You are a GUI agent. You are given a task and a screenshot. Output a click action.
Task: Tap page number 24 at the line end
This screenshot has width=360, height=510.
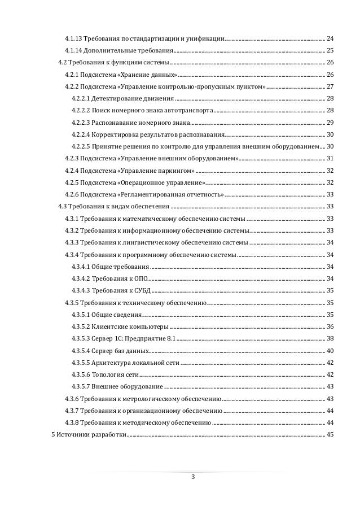pyautogui.click(x=330, y=38)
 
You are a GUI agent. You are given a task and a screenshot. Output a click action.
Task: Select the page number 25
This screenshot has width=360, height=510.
pyautogui.click(x=330, y=50)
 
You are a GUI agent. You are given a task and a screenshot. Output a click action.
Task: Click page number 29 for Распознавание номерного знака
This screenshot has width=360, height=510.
pyautogui.click(x=330, y=123)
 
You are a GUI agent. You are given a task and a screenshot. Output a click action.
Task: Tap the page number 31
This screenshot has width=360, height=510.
pyautogui.click(x=330, y=158)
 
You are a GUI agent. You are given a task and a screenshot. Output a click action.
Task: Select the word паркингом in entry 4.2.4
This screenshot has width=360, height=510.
pyautogui.click(x=178, y=171)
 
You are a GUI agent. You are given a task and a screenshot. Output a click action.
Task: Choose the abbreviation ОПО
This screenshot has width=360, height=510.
pyautogui.click(x=140, y=278)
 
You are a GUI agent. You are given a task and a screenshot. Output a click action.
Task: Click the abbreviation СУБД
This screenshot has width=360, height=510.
pyautogui.click(x=142, y=290)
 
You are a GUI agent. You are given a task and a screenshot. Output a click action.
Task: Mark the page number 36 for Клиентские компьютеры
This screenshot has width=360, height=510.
pyautogui.click(x=330, y=326)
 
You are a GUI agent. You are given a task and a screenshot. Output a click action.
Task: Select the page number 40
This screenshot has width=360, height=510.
pyautogui.click(x=330, y=351)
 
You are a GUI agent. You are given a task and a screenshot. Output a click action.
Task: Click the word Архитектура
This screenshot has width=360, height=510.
pyautogui.click(x=112, y=363)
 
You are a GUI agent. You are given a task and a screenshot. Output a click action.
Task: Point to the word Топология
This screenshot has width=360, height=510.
pyautogui.click(x=108, y=374)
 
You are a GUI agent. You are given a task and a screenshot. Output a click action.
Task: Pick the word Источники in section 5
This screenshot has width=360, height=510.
pyautogui.click(x=72, y=434)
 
